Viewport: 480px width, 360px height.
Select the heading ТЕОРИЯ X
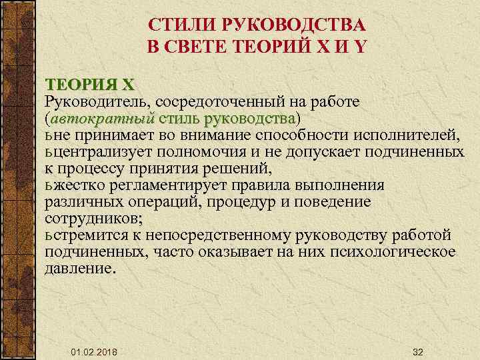coord(89,85)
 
